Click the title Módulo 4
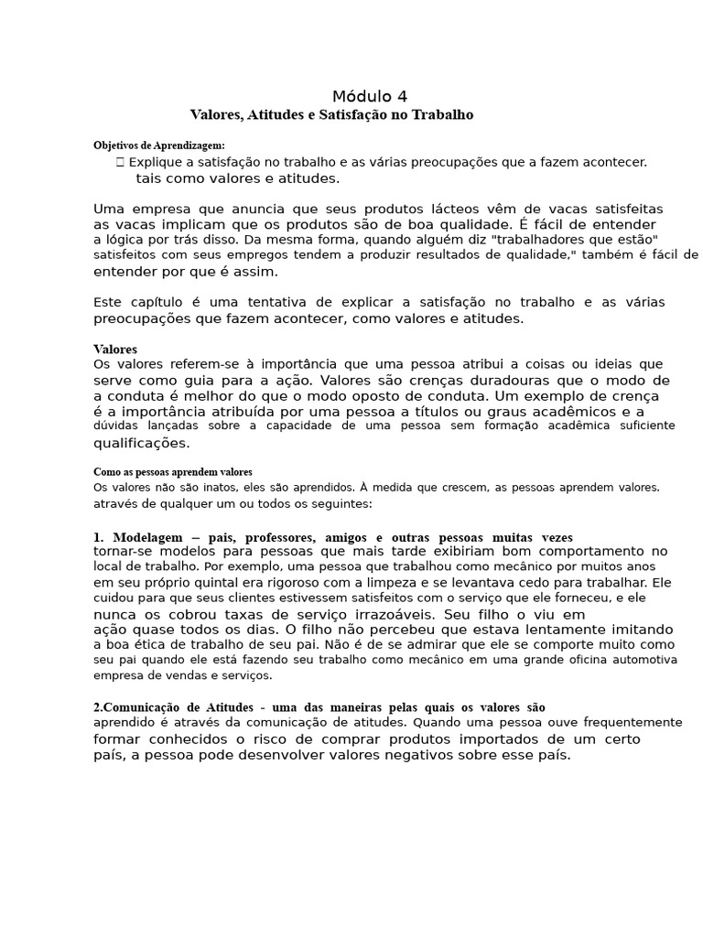[370, 96]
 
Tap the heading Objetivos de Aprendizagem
[159, 145]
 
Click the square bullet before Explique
[120, 162]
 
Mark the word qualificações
[141, 443]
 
